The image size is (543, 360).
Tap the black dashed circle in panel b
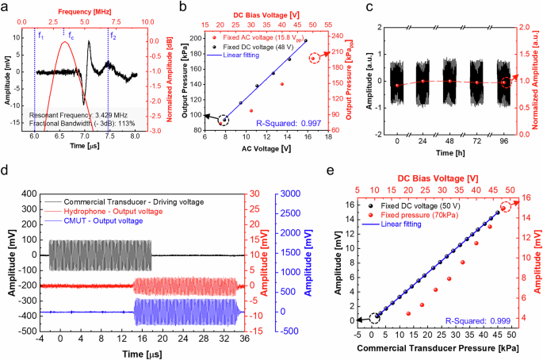[x=224, y=120]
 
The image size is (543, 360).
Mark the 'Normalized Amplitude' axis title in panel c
[x=537, y=79]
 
